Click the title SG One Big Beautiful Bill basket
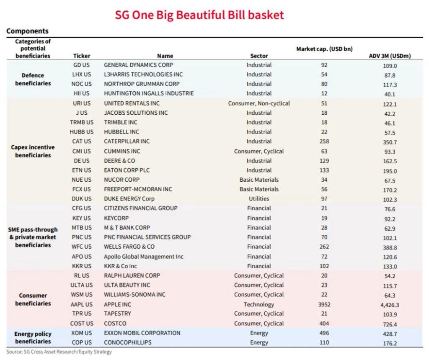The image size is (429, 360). (x=199, y=15)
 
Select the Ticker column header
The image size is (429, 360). (x=82, y=56)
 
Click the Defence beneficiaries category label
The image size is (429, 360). (x=33, y=79)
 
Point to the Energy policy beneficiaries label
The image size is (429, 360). (x=33, y=337)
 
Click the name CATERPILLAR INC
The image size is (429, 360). (x=127, y=141)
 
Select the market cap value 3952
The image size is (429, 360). (x=324, y=304)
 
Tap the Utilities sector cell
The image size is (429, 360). (x=259, y=199)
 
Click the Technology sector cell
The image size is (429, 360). (x=259, y=304)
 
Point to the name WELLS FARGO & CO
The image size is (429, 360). (x=129, y=247)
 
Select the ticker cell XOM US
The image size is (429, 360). (x=82, y=333)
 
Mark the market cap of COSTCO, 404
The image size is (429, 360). (x=324, y=324)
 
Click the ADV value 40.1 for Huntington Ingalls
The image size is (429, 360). (x=390, y=94)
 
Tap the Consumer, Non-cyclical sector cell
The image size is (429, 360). (x=259, y=103)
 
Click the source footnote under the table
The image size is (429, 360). (x=59, y=352)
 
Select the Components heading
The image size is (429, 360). (x=27, y=31)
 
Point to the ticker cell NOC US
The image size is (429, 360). (x=82, y=84)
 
